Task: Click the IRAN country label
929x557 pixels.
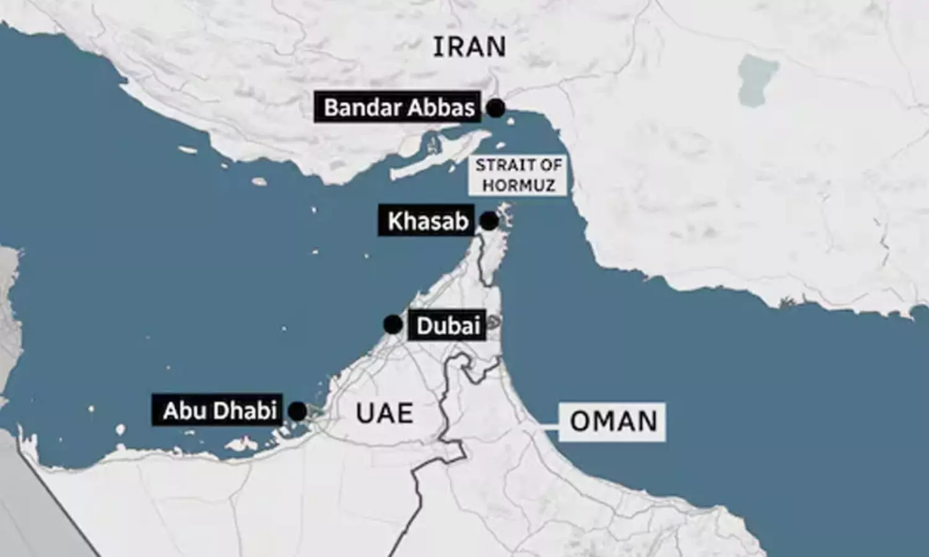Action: (x=469, y=47)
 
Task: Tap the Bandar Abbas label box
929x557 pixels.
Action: (x=398, y=108)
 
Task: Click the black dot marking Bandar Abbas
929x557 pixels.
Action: (x=495, y=108)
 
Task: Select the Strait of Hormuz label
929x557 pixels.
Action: (x=518, y=175)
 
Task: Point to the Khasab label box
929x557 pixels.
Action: (x=427, y=221)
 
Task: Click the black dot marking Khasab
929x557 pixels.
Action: (x=489, y=221)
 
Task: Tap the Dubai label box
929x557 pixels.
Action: (x=448, y=326)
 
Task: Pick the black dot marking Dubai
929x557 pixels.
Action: (x=393, y=324)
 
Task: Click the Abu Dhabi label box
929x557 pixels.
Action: (x=219, y=411)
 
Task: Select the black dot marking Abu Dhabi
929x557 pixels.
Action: (x=298, y=411)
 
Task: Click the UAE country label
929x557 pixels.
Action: (x=384, y=413)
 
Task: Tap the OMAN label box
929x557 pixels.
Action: (x=613, y=422)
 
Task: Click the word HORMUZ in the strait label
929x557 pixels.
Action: (x=518, y=185)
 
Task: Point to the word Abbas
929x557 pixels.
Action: (x=443, y=108)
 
